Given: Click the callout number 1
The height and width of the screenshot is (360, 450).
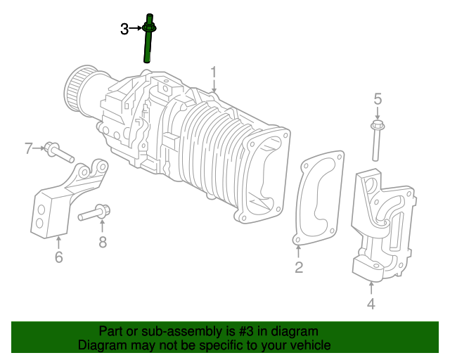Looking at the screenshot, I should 214,71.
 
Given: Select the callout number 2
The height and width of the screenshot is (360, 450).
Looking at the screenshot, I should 299,266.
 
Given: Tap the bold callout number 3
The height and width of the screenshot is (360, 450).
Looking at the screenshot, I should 124,29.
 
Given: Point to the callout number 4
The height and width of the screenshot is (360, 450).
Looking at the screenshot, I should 371,304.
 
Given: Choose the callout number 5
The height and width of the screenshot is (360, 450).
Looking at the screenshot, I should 377,99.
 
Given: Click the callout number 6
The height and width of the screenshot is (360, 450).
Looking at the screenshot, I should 58,257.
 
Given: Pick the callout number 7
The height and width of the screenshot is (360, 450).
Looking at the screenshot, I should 29,148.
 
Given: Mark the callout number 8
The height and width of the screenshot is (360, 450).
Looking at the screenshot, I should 102,242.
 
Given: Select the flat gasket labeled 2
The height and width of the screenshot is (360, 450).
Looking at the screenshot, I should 318,200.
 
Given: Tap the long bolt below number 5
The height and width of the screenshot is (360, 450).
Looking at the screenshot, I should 377,144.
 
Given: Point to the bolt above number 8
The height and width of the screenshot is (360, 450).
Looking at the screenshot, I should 94,212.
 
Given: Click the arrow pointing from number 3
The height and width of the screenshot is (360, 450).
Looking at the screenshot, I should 136,29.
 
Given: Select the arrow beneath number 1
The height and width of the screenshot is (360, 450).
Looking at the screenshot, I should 214,86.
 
